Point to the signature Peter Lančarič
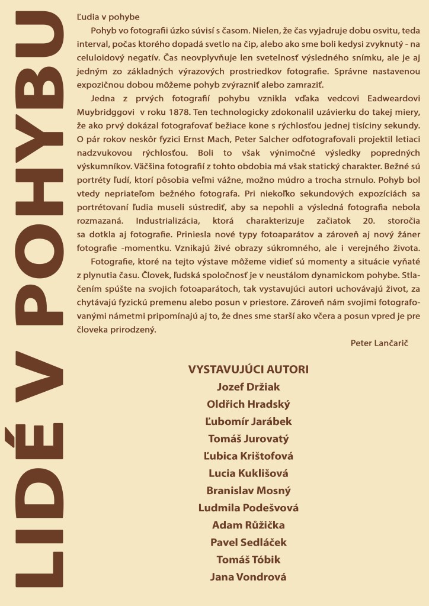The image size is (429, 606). click(x=380, y=342)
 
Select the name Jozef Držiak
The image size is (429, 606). click(x=248, y=387)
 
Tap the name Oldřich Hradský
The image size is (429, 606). click(x=248, y=404)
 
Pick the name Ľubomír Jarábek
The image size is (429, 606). click(x=248, y=421)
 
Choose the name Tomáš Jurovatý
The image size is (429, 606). click(x=248, y=439)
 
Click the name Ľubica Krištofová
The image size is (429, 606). click(x=248, y=456)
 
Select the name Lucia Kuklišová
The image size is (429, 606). click(x=248, y=473)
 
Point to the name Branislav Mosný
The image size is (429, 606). click(x=248, y=491)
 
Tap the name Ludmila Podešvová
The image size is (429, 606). click(x=248, y=508)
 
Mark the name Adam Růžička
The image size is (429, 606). click(x=248, y=525)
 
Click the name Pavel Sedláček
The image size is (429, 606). click(x=248, y=542)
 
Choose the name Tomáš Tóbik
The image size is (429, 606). click(x=248, y=559)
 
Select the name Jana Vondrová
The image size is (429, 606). click(x=248, y=577)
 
